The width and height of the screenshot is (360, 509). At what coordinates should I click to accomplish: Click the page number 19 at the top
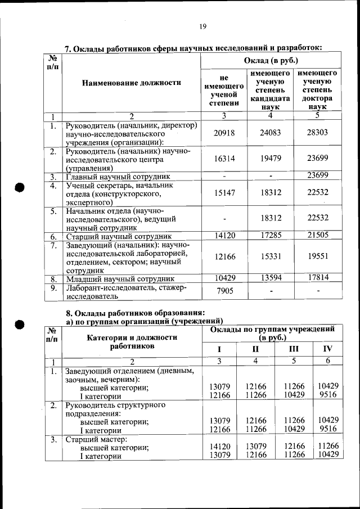[x=202, y=26]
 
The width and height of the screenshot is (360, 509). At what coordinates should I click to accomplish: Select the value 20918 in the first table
[x=224, y=133]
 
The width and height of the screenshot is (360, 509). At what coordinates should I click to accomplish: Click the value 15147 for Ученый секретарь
[x=224, y=192]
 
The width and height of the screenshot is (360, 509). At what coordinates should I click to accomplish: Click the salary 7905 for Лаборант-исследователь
[x=224, y=291]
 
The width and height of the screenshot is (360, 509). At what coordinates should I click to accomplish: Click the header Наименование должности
[x=132, y=83]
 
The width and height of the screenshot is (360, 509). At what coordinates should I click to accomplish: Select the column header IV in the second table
[x=327, y=349]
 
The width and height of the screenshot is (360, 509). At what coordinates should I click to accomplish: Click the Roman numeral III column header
[x=294, y=349]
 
